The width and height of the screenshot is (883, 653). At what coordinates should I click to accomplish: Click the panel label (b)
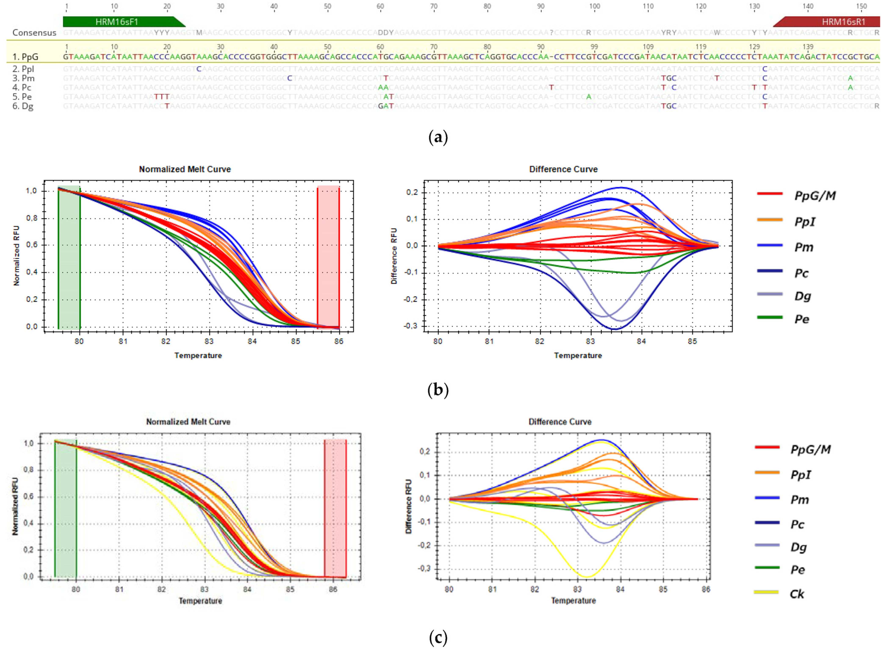tap(438, 390)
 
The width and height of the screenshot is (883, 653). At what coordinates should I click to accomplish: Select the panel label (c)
tap(438, 638)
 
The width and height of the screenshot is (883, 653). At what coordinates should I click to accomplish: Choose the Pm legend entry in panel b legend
tap(804, 248)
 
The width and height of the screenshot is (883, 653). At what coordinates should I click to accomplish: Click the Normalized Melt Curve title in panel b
tap(185, 169)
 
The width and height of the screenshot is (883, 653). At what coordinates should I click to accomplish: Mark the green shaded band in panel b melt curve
tap(69, 257)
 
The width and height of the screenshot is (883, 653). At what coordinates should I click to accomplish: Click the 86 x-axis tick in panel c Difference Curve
tap(706, 589)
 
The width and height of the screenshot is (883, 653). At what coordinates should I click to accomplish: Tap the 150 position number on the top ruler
tap(861, 6)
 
